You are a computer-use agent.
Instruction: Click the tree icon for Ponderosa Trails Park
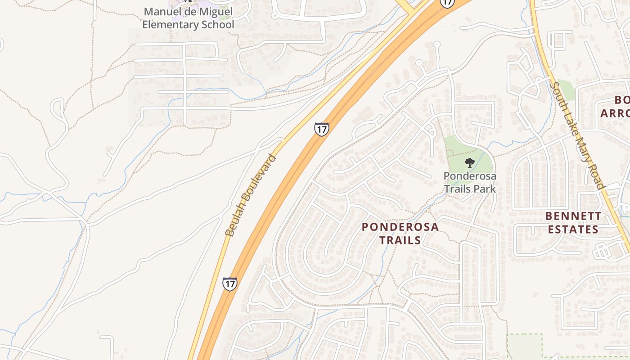point(470,163)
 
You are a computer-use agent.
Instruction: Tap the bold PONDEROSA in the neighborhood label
point(400,227)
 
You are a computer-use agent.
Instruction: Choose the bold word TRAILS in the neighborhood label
point(400,240)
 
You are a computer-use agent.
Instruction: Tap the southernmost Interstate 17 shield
point(229,283)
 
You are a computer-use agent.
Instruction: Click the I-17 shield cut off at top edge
point(446,3)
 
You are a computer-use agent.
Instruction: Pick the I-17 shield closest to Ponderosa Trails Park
point(321,129)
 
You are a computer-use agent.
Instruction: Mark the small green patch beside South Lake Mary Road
point(566,90)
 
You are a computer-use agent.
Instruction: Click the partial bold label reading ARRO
point(615,113)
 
